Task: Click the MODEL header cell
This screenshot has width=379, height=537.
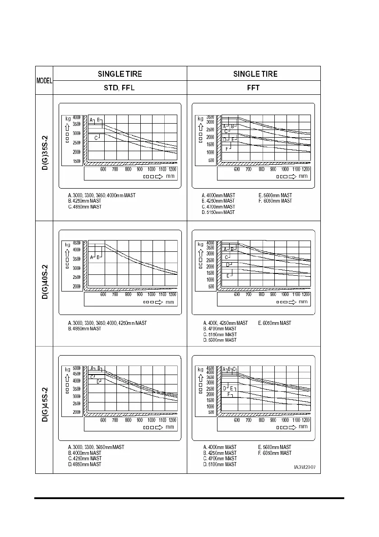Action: click(44, 81)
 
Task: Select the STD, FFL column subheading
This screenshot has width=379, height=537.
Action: click(116, 88)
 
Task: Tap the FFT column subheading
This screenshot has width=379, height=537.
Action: click(253, 88)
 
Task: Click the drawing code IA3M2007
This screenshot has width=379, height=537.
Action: click(305, 467)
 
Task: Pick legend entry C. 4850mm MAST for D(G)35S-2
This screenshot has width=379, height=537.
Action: click(84, 207)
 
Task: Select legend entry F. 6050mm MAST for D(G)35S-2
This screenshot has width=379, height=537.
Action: click(275, 201)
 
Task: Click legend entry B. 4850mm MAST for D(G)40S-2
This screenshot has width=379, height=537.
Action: click(84, 329)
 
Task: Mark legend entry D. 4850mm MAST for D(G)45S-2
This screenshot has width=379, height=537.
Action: click(84, 464)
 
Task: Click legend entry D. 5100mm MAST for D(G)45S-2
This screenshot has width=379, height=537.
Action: click(220, 464)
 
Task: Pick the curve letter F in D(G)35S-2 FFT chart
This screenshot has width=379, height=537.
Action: click(226, 148)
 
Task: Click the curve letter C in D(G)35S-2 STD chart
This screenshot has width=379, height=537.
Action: click(96, 138)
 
